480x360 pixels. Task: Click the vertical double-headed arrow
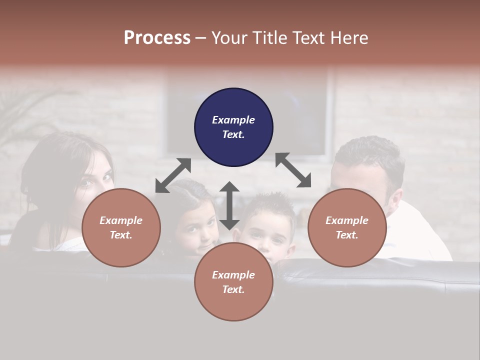(229, 205)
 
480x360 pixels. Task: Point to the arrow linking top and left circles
(173, 175)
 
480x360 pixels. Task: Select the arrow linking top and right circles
(293, 170)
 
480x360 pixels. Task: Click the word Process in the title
(157, 37)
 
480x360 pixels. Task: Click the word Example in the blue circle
(233, 120)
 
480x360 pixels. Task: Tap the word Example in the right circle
(347, 220)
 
